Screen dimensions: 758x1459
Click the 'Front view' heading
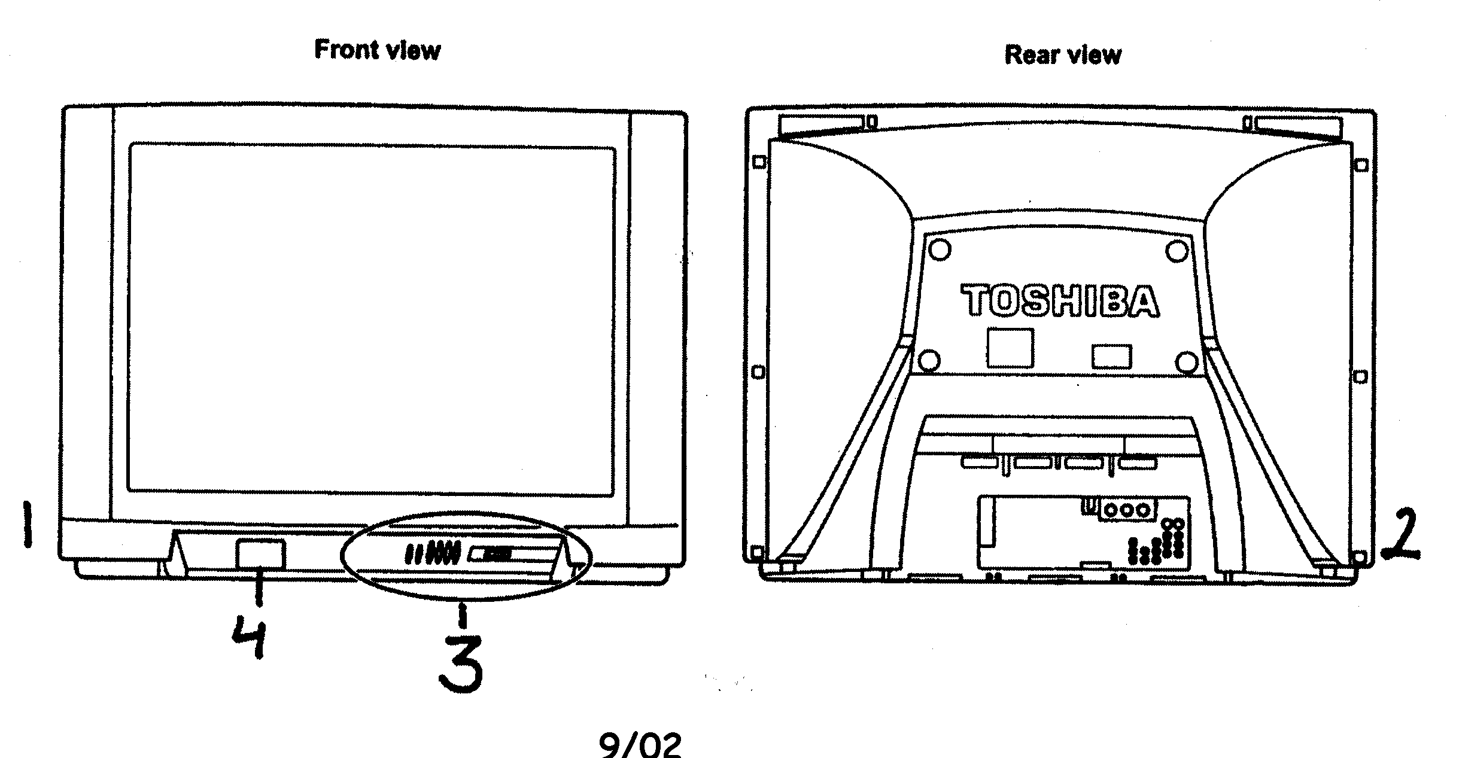click(x=377, y=50)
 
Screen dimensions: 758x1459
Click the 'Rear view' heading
click(x=1062, y=55)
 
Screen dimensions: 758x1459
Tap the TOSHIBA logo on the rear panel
click(x=1060, y=301)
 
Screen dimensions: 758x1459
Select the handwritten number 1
click(x=26, y=524)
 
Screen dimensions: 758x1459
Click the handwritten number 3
click(x=461, y=664)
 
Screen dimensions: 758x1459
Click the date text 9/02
click(x=640, y=745)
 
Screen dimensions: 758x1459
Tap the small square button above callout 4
click(x=260, y=554)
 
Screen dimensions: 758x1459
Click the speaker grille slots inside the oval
click(x=432, y=553)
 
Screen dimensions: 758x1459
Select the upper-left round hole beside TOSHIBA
click(x=940, y=249)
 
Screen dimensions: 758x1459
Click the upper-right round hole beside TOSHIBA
click(x=1177, y=251)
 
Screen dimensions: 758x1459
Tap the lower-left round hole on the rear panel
click(x=928, y=360)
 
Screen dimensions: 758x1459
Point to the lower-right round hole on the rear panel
click(x=1187, y=362)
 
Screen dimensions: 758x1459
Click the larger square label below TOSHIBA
click(x=1010, y=347)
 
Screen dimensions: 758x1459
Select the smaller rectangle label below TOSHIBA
click(x=1111, y=357)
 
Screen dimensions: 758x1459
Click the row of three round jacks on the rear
click(x=1127, y=510)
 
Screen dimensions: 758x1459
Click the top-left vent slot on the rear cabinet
click(x=821, y=123)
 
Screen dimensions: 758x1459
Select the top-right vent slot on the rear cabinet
click(x=1297, y=124)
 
